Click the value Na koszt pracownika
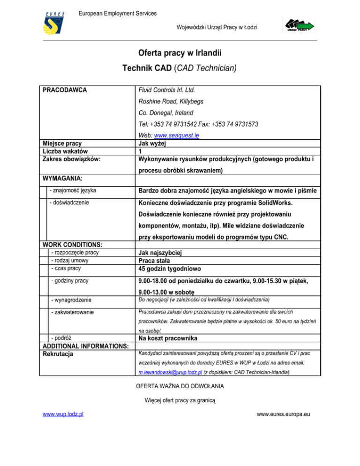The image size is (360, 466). coord(173,338)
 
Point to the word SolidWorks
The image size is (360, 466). coord(268,203)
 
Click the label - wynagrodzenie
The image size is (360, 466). coord(70,299)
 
